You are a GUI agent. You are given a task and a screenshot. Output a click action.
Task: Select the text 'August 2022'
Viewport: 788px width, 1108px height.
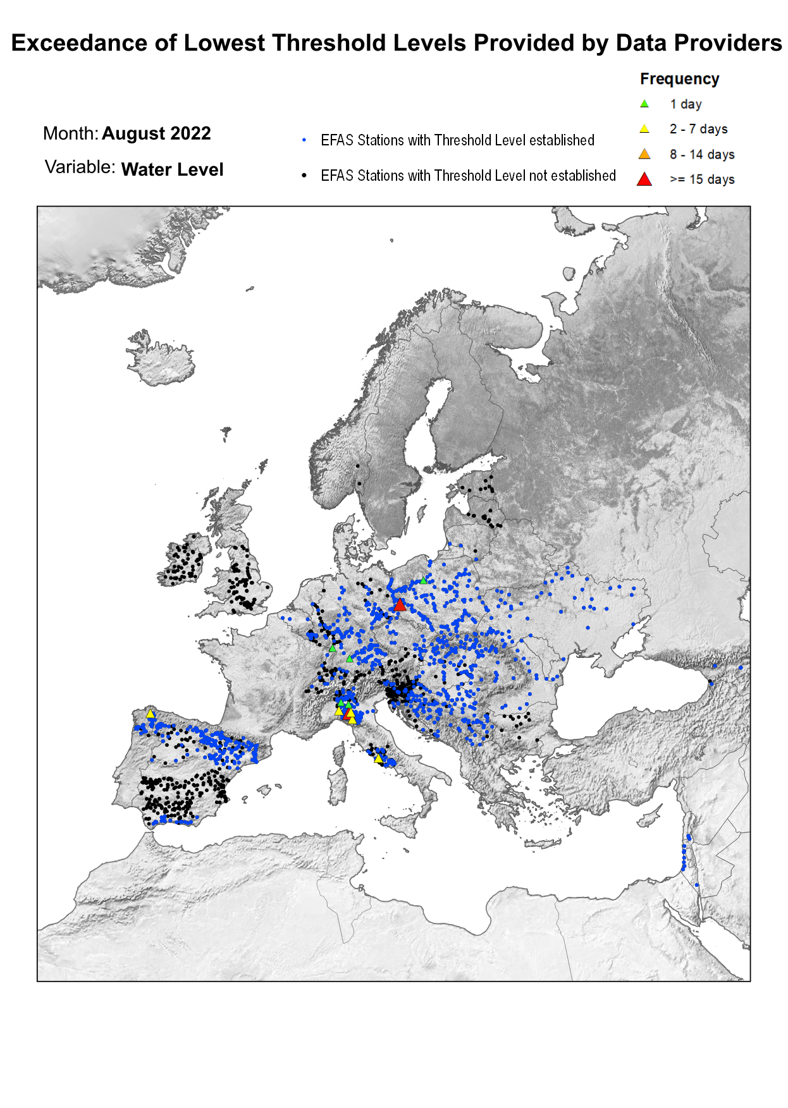[x=156, y=133]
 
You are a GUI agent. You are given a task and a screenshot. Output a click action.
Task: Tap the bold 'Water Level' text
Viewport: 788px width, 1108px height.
[x=172, y=169]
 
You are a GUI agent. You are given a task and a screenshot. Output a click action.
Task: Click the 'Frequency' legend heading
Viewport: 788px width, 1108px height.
[x=679, y=79]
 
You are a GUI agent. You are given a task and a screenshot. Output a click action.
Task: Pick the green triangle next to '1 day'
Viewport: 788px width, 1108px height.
[x=644, y=104]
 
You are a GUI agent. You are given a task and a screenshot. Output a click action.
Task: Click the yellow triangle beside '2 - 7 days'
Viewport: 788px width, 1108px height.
[x=644, y=129]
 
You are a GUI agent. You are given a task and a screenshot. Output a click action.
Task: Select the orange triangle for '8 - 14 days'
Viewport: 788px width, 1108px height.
[x=644, y=154]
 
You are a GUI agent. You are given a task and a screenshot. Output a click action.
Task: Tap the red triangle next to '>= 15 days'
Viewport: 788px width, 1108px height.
[x=644, y=180]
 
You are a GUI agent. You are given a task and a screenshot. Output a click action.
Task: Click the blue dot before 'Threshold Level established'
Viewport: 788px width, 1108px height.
[x=304, y=140]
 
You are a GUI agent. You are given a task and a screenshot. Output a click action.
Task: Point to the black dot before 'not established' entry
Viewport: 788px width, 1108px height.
[x=304, y=175]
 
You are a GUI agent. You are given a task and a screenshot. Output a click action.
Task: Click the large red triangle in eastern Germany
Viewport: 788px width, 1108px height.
[x=399, y=605]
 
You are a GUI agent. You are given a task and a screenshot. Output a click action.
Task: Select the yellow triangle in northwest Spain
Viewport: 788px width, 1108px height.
[x=151, y=714]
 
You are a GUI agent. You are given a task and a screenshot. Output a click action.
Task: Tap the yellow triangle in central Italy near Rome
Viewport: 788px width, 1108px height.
[x=378, y=758]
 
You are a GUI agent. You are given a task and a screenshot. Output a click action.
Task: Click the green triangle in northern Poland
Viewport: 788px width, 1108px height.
[x=423, y=580]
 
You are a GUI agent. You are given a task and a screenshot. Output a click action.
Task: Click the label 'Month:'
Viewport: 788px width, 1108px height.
[x=70, y=133]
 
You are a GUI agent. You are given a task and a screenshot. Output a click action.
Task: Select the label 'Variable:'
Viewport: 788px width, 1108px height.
[x=80, y=167]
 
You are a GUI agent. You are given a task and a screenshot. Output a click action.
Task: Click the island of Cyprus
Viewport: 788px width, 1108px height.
[x=649, y=820]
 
